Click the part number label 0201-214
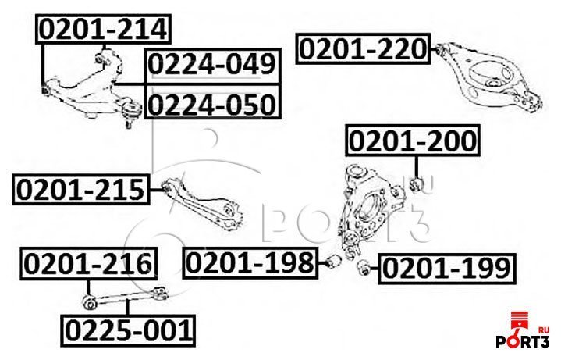pyautogui.click(x=103, y=30)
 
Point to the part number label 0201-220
pyautogui.click(x=362, y=51)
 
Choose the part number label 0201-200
pyautogui.click(x=411, y=142)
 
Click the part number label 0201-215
pyautogui.click(x=80, y=190)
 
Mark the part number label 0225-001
pyautogui.click(x=127, y=332)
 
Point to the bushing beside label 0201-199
pyautogui.click(x=363, y=267)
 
